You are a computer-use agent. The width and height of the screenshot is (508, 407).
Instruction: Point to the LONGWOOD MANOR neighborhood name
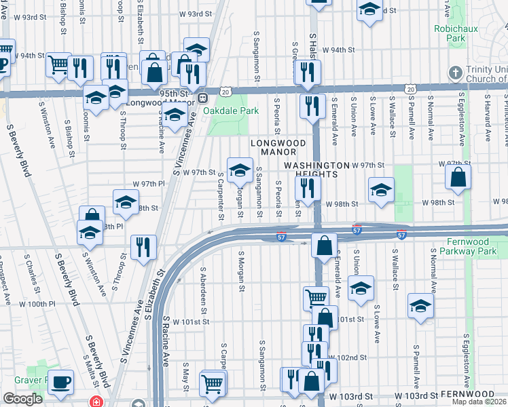[279, 143]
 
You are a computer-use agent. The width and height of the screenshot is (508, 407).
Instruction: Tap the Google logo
[22, 399]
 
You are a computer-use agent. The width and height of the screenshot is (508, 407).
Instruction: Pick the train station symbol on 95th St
[203, 98]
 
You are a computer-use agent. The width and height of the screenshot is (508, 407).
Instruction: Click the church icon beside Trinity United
[454, 72]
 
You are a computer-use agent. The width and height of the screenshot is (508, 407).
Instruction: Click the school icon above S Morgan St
[240, 170]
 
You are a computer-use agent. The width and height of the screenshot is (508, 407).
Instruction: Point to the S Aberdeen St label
[202, 285]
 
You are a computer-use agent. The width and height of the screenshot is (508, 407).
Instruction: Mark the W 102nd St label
[348, 357]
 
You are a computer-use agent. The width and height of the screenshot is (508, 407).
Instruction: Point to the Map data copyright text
[479, 402]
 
